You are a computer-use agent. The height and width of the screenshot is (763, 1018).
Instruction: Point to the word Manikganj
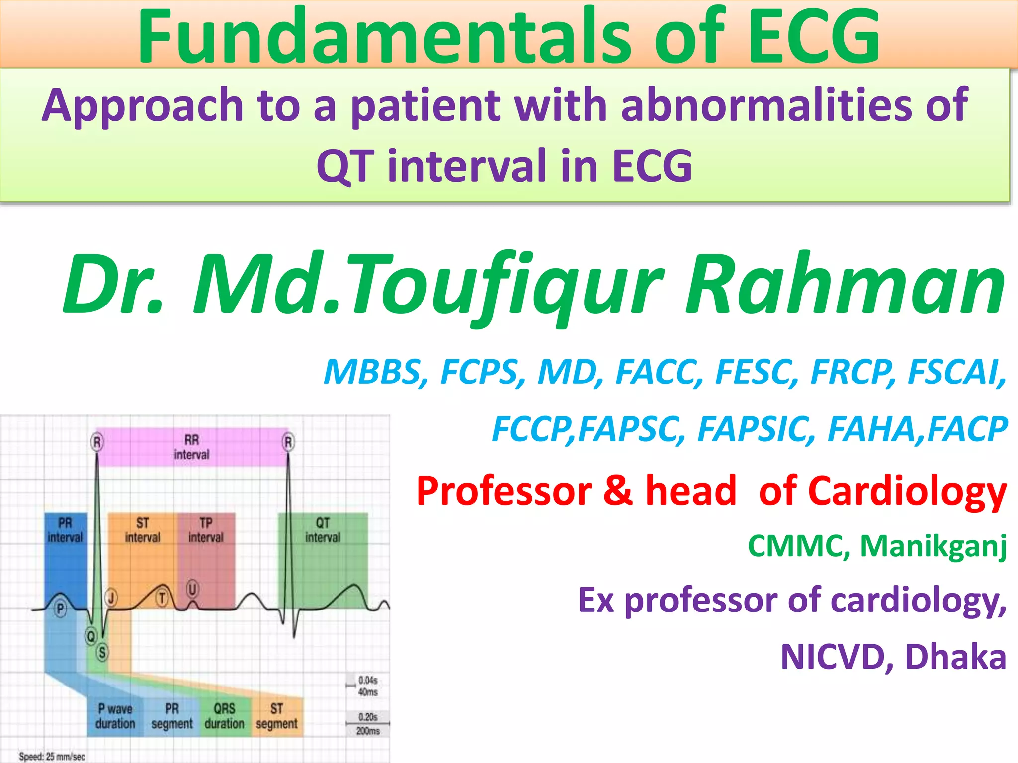[x=933, y=547]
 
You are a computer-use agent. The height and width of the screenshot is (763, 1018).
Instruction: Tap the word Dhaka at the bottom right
[x=955, y=657]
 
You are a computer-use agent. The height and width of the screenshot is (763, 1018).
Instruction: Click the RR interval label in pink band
[x=192, y=447]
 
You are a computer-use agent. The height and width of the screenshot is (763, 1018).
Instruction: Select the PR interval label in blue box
[x=65, y=530]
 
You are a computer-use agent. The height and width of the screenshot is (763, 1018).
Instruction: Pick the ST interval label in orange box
[x=143, y=530]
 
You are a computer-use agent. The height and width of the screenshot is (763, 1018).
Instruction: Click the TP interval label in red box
[x=206, y=530]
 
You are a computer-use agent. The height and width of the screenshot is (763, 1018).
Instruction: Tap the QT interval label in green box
[x=323, y=530]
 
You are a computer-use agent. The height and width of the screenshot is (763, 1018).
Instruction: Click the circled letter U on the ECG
[x=192, y=589]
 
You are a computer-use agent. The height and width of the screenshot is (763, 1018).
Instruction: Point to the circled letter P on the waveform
[x=60, y=609]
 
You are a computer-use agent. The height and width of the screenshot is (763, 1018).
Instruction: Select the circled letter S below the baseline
[x=102, y=652]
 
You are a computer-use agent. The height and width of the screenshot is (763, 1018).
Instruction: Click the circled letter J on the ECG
[x=111, y=598]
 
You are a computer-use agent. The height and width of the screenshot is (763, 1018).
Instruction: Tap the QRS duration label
[x=225, y=716]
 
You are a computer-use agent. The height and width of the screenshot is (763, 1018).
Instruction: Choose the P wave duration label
[x=115, y=716]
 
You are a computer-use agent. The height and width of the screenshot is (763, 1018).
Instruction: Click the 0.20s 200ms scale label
[x=368, y=724]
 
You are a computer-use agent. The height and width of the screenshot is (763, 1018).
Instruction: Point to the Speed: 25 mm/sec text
[x=52, y=757]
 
